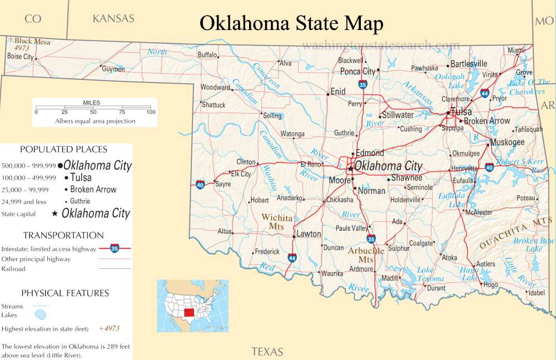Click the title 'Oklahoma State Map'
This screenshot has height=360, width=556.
click(291, 23)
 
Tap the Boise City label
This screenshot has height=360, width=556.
click(21, 57)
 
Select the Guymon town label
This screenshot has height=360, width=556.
click(113, 69)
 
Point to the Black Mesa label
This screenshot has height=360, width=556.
click(32, 42)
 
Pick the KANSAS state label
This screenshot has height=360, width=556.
click(113, 18)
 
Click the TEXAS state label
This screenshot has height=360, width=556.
click(267, 351)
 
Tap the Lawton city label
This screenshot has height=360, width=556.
click(309, 234)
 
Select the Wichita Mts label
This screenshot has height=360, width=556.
click(277, 222)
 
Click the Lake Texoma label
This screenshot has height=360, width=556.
click(430, 274)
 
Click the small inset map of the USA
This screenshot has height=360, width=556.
click(192, 306)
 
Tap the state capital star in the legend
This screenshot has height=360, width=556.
click(54, 213)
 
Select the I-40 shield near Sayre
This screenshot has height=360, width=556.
click(200, 184)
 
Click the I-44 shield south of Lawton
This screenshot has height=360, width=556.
click(292, 258)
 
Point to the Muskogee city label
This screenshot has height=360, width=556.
click(508, 142)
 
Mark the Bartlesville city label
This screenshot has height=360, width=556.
click(469, 63)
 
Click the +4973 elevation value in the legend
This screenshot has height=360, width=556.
click(109, 328)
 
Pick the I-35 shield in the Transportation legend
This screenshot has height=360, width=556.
click(114, 248)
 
